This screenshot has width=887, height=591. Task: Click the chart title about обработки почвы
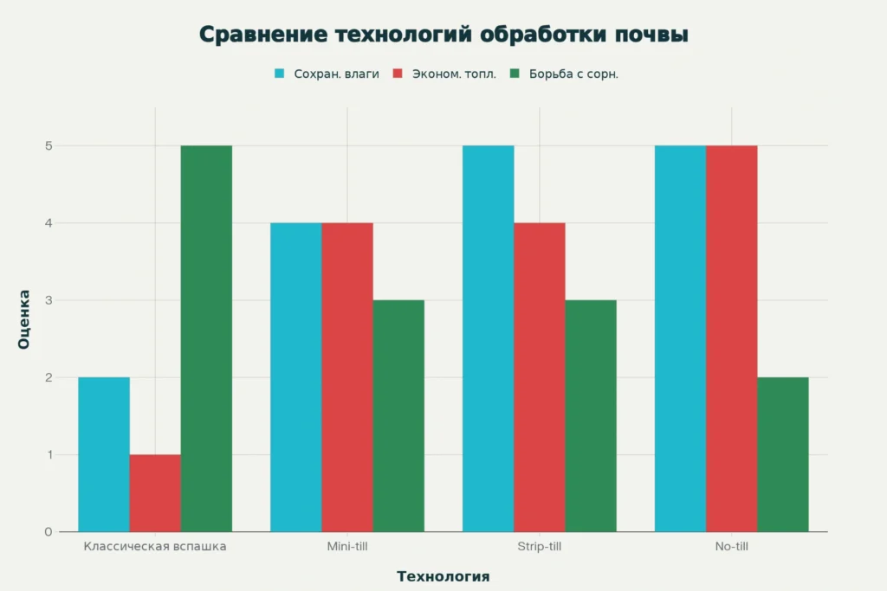click(443, 35)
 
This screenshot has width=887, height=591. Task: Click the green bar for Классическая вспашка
click(206, 338)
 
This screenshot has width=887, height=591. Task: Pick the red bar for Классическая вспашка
click(155, 492)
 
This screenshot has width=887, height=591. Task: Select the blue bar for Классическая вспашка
click(104, 454)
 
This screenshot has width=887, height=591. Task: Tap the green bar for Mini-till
click(398, 415)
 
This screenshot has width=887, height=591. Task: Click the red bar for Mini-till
click(347, 377)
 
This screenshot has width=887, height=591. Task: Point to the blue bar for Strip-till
click(488, 338)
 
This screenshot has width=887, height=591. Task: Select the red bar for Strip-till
click(539, 377)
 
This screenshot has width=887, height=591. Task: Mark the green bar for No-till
click(782, 454)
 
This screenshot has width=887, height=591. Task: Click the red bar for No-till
click(731, 338)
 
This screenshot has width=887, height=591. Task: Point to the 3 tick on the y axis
click(49, 300)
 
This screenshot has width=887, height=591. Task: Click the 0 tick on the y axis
click(49, 531)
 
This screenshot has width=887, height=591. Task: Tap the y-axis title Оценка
click(23, 319)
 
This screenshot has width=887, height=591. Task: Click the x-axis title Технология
click(443, 576)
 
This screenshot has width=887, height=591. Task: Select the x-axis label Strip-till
click(539, 547)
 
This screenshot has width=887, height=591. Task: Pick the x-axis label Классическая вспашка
click(155, 547)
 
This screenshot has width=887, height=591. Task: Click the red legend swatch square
click(398, 74)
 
